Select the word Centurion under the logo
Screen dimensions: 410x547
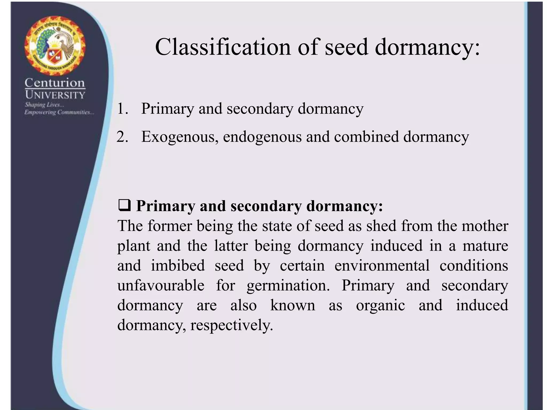tap(55, 83)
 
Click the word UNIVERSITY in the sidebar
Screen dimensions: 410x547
tap(55, 95)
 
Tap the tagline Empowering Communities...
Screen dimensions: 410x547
tap(59, 112)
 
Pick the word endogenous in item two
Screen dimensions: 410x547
tap(262, 137)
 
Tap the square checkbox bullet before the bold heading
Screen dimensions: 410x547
tap(124, 206)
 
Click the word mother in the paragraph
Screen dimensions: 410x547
tap(485, 226)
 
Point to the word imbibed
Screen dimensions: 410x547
tap(178, 266)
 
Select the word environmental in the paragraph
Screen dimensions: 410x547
tap(382, 266)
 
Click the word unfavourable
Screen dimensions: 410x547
tap(161, 285)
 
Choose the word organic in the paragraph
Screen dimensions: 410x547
tap(380, 306)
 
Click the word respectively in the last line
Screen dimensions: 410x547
tap(231, 325)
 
